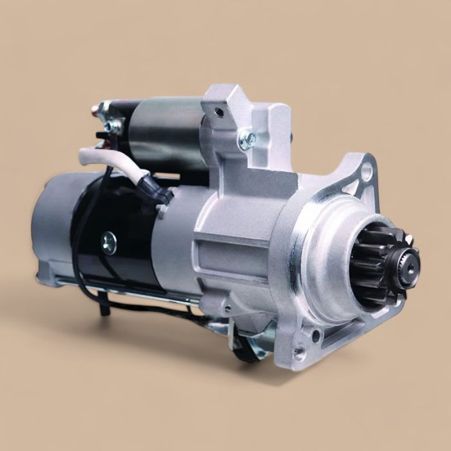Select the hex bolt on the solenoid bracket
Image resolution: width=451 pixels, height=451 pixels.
247,139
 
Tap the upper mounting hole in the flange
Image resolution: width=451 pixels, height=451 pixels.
367,171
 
